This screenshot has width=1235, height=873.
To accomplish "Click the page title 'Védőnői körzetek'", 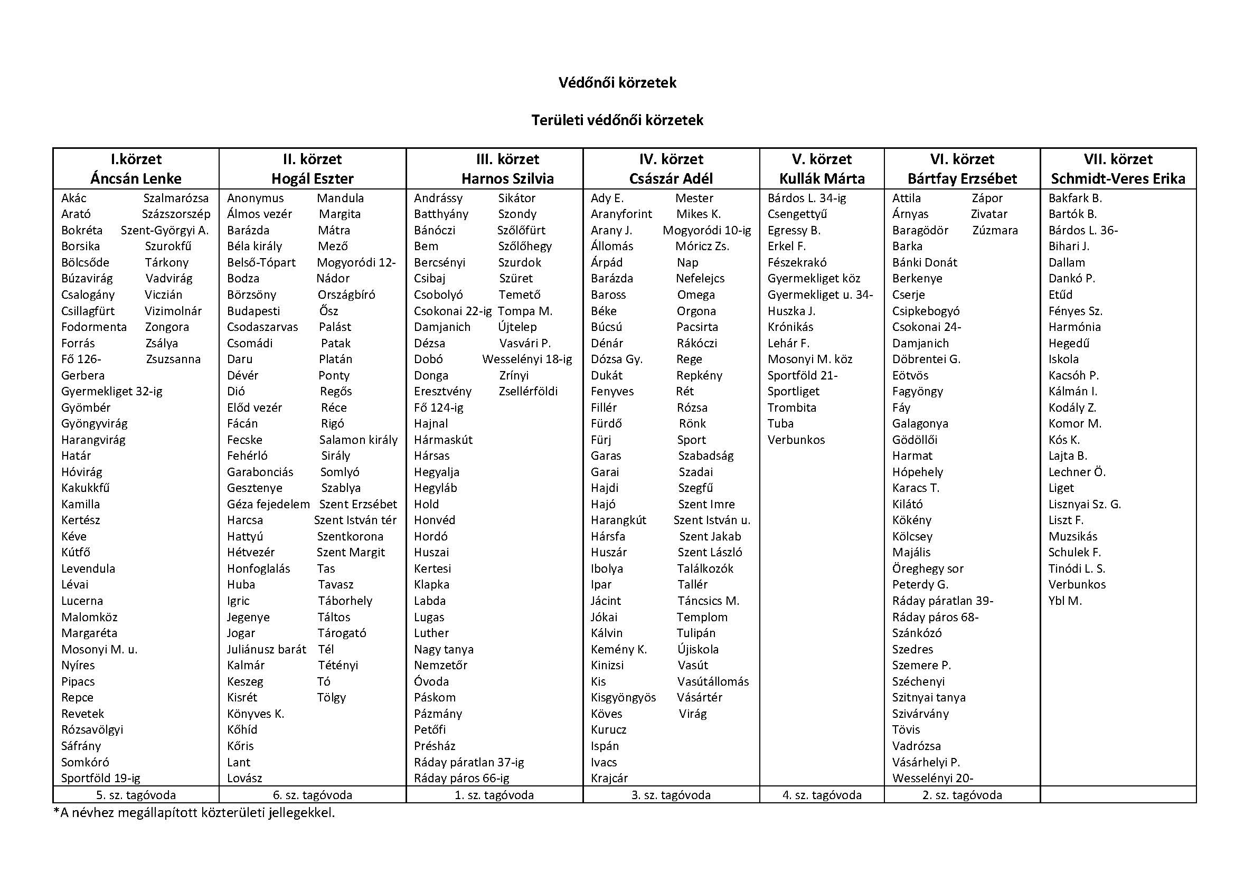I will click(617, 83).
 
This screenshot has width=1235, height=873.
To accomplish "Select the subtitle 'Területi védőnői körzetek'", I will click(617, 120).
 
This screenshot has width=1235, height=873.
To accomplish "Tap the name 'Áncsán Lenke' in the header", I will click(136, 178).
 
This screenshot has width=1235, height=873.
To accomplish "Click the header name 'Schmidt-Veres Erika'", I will click(1118, 178).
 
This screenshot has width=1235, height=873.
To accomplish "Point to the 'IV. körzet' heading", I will click(671, 159).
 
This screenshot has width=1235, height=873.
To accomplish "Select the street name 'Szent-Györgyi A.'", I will click(165, 230).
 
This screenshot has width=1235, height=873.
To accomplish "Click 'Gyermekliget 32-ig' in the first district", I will click(111, 391).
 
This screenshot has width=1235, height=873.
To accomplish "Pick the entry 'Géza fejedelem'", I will click(268, 504).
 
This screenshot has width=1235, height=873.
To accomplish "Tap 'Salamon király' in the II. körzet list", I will click(358, 440).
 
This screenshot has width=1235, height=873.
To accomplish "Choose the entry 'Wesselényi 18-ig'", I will click(526, 359).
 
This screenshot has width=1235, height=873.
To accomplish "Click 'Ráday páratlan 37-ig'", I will click(468, 762).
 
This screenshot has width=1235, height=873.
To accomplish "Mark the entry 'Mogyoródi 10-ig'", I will click(706, 230).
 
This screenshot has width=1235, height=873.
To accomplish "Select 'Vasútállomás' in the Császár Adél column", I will click(713, 681).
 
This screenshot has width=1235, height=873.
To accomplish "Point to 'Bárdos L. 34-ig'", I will click(806, 198).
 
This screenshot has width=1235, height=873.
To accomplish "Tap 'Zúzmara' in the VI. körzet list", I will click(995, 230).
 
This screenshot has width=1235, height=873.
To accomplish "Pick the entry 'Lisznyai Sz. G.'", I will click(1085, 504).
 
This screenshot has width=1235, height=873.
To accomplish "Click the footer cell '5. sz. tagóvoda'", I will click(136, 795).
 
